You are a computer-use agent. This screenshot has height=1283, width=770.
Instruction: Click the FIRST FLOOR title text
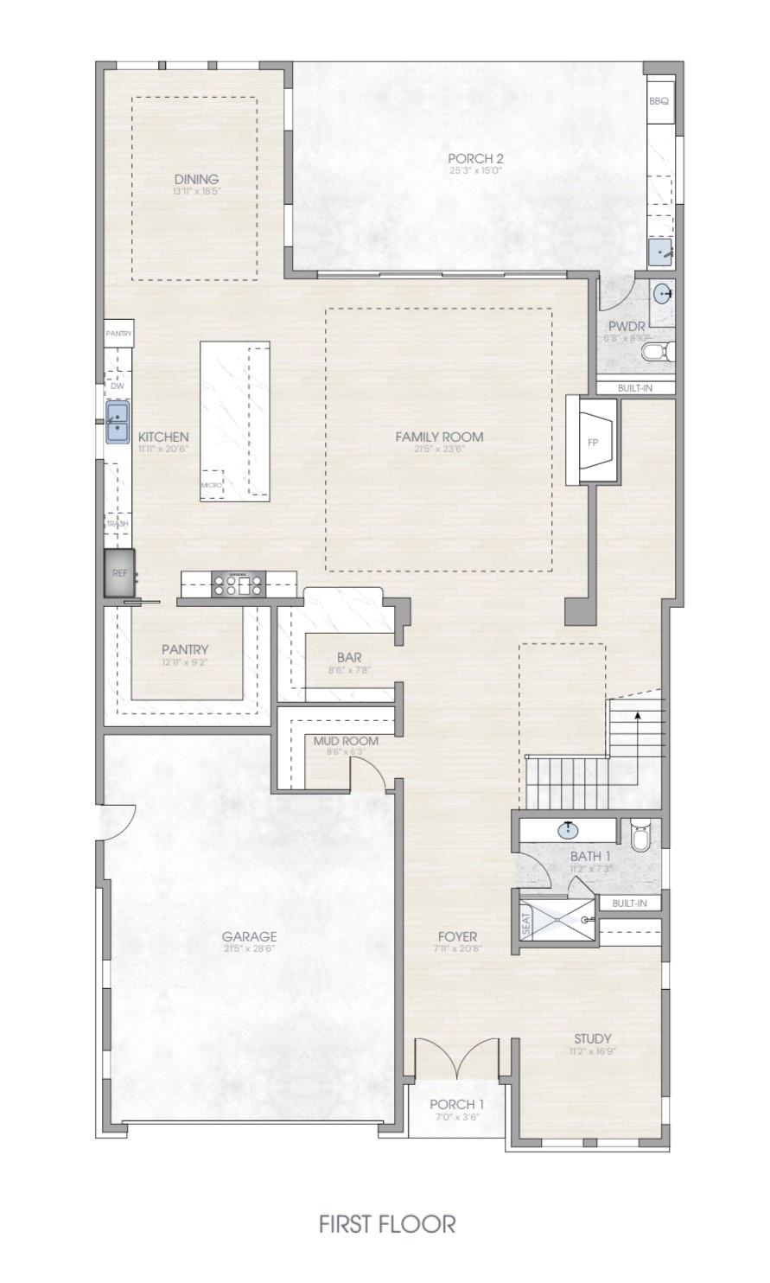(386, 1223)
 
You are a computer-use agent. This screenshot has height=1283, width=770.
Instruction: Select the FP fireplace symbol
(593, 442)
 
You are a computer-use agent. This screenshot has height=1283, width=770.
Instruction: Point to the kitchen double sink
(118, 421)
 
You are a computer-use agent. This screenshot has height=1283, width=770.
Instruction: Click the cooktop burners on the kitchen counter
(238, 585)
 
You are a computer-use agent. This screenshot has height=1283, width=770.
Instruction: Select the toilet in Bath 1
(640, 836)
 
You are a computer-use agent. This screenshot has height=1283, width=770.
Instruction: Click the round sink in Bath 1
(569, 830)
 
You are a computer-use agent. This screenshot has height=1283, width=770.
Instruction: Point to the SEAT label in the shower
(526, 926)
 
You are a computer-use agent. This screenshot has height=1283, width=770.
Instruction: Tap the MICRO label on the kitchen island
(212, 485)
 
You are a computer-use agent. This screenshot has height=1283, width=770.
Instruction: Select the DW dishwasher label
(118, 386)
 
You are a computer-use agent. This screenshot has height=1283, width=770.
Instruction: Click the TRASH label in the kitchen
(118, 524)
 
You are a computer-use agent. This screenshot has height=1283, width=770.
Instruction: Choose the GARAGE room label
(249, 936)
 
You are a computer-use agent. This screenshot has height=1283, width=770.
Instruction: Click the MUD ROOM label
(346, 741)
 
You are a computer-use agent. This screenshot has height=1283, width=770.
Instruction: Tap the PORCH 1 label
(456, 1104)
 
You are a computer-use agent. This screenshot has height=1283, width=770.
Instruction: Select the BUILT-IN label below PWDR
(635, 388)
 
